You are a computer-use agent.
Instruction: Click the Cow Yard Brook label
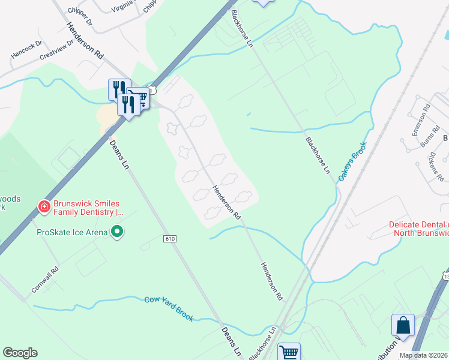[x=169, y=308]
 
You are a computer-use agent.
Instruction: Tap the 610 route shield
[x=170, y=239]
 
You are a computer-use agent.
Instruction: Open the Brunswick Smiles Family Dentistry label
[x=89, y=208]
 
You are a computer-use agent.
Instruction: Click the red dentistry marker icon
[x=44, y=207]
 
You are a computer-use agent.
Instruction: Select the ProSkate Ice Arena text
[x=72, y=232]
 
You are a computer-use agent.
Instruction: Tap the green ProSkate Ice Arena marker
[x=118, y=232]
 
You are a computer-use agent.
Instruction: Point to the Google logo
[x=20, y=353]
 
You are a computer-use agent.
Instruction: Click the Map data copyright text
[x=424, y=355]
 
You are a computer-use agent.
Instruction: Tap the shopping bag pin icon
[x=403, y=325]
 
